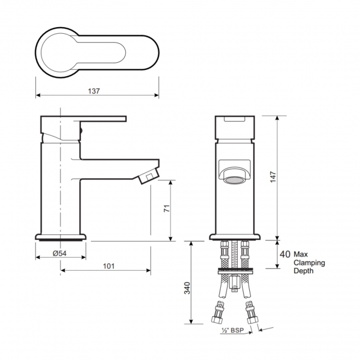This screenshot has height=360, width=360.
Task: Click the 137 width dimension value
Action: point(94,91)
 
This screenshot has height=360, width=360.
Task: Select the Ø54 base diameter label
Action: point(60,254)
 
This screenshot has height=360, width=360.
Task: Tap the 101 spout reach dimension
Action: point(109,266)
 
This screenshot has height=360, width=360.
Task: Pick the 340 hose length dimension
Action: point(187,288)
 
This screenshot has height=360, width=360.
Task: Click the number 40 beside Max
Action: point(285,254)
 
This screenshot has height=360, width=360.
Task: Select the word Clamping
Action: point(309,263)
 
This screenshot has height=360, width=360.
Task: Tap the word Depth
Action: point(304,271)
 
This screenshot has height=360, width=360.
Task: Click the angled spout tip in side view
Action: point(147,177)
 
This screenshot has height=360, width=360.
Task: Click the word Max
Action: point(301,254)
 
